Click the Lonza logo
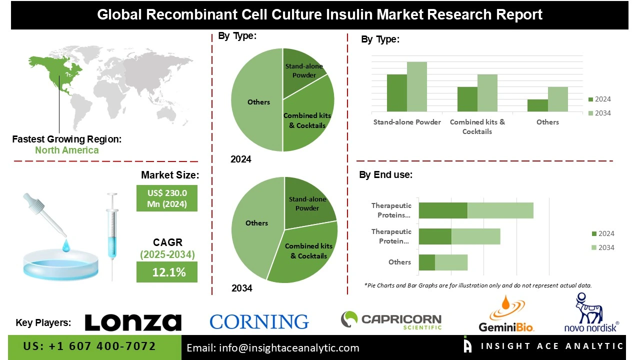[133, 322]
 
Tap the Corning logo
[259, 321]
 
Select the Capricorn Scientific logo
[391, 320]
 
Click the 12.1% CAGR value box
[167, 272]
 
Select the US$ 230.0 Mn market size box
[167, 198]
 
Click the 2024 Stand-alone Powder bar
[397, 93]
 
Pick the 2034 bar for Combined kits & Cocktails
[487, 93]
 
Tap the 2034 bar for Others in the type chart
[558, 99]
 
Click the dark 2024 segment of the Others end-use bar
[426, 262]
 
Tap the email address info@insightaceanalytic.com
[273, 348]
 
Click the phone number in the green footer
[89, 346]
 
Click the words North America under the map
[66, 150]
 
